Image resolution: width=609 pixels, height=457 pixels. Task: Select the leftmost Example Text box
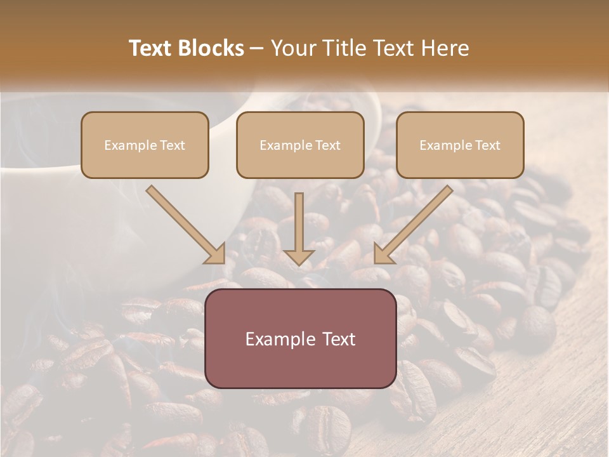[x=145, y=145]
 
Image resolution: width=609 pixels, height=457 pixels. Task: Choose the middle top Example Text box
[x=300, y=145]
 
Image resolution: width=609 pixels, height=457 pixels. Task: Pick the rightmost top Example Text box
[x=460, y=145]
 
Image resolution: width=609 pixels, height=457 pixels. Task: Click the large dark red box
[x=301, y=338]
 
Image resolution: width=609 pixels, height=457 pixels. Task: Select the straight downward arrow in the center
[x=299, y=225]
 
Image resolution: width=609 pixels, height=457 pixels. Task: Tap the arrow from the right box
[x=416, y=222]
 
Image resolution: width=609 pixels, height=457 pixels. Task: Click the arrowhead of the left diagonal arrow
[x=216, y=255]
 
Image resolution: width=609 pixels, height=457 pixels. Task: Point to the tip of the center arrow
[x=299, y=263]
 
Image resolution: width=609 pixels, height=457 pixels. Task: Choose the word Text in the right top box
[x=488, y=145]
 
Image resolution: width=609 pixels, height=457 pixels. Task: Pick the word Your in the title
[x=289, y=48]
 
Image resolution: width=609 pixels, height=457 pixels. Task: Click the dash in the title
[x=257, y=48]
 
